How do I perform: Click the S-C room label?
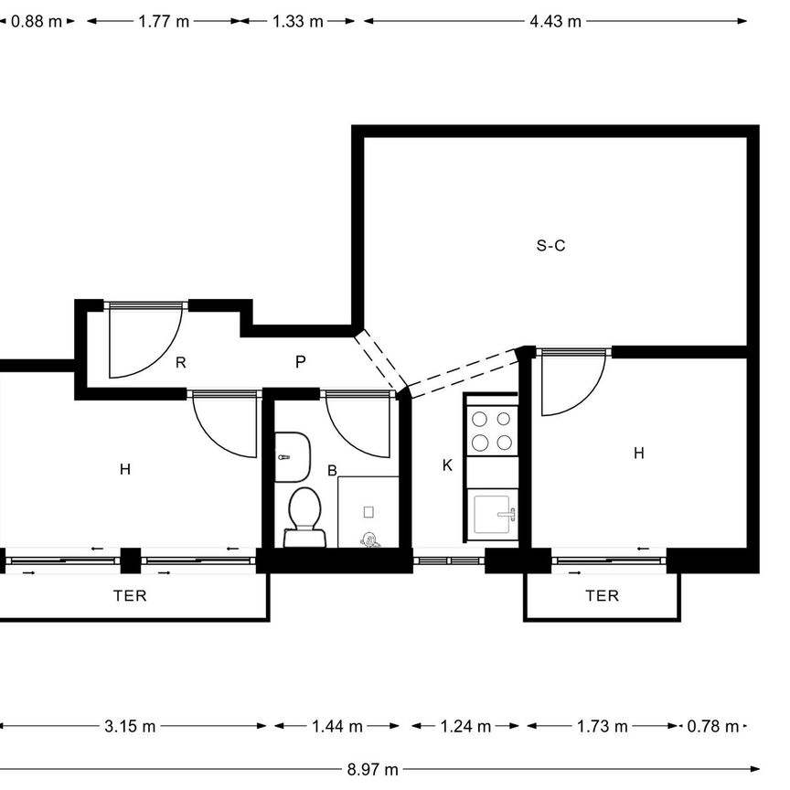(x=550, y=246)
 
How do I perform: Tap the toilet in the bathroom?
(x=304, y=517)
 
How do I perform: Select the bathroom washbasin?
(x=292, y=457)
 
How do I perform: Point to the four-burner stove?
(x=492, y=432)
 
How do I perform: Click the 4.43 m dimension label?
(x=555, y=22)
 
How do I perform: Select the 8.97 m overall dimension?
(x=372, y=770)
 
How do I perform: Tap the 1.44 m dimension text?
(x=337, y=727)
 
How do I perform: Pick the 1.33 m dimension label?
(x=298, y=22)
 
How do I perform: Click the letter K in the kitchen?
(x=447, y=465)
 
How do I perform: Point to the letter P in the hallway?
(x=300, y=362)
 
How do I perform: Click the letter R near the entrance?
(x=180, y=363)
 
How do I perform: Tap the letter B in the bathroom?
(x=332, y=471)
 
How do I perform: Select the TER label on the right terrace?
(x=602, y=596)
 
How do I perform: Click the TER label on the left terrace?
(x=130, y=596)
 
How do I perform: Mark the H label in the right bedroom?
(x=639, y=454)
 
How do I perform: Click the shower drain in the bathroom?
(x=368, y=512)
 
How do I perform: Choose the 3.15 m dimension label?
(x=130, y=727)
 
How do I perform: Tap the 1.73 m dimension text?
(x=602, y=727)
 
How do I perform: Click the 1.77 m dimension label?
(x=164, y=22)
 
